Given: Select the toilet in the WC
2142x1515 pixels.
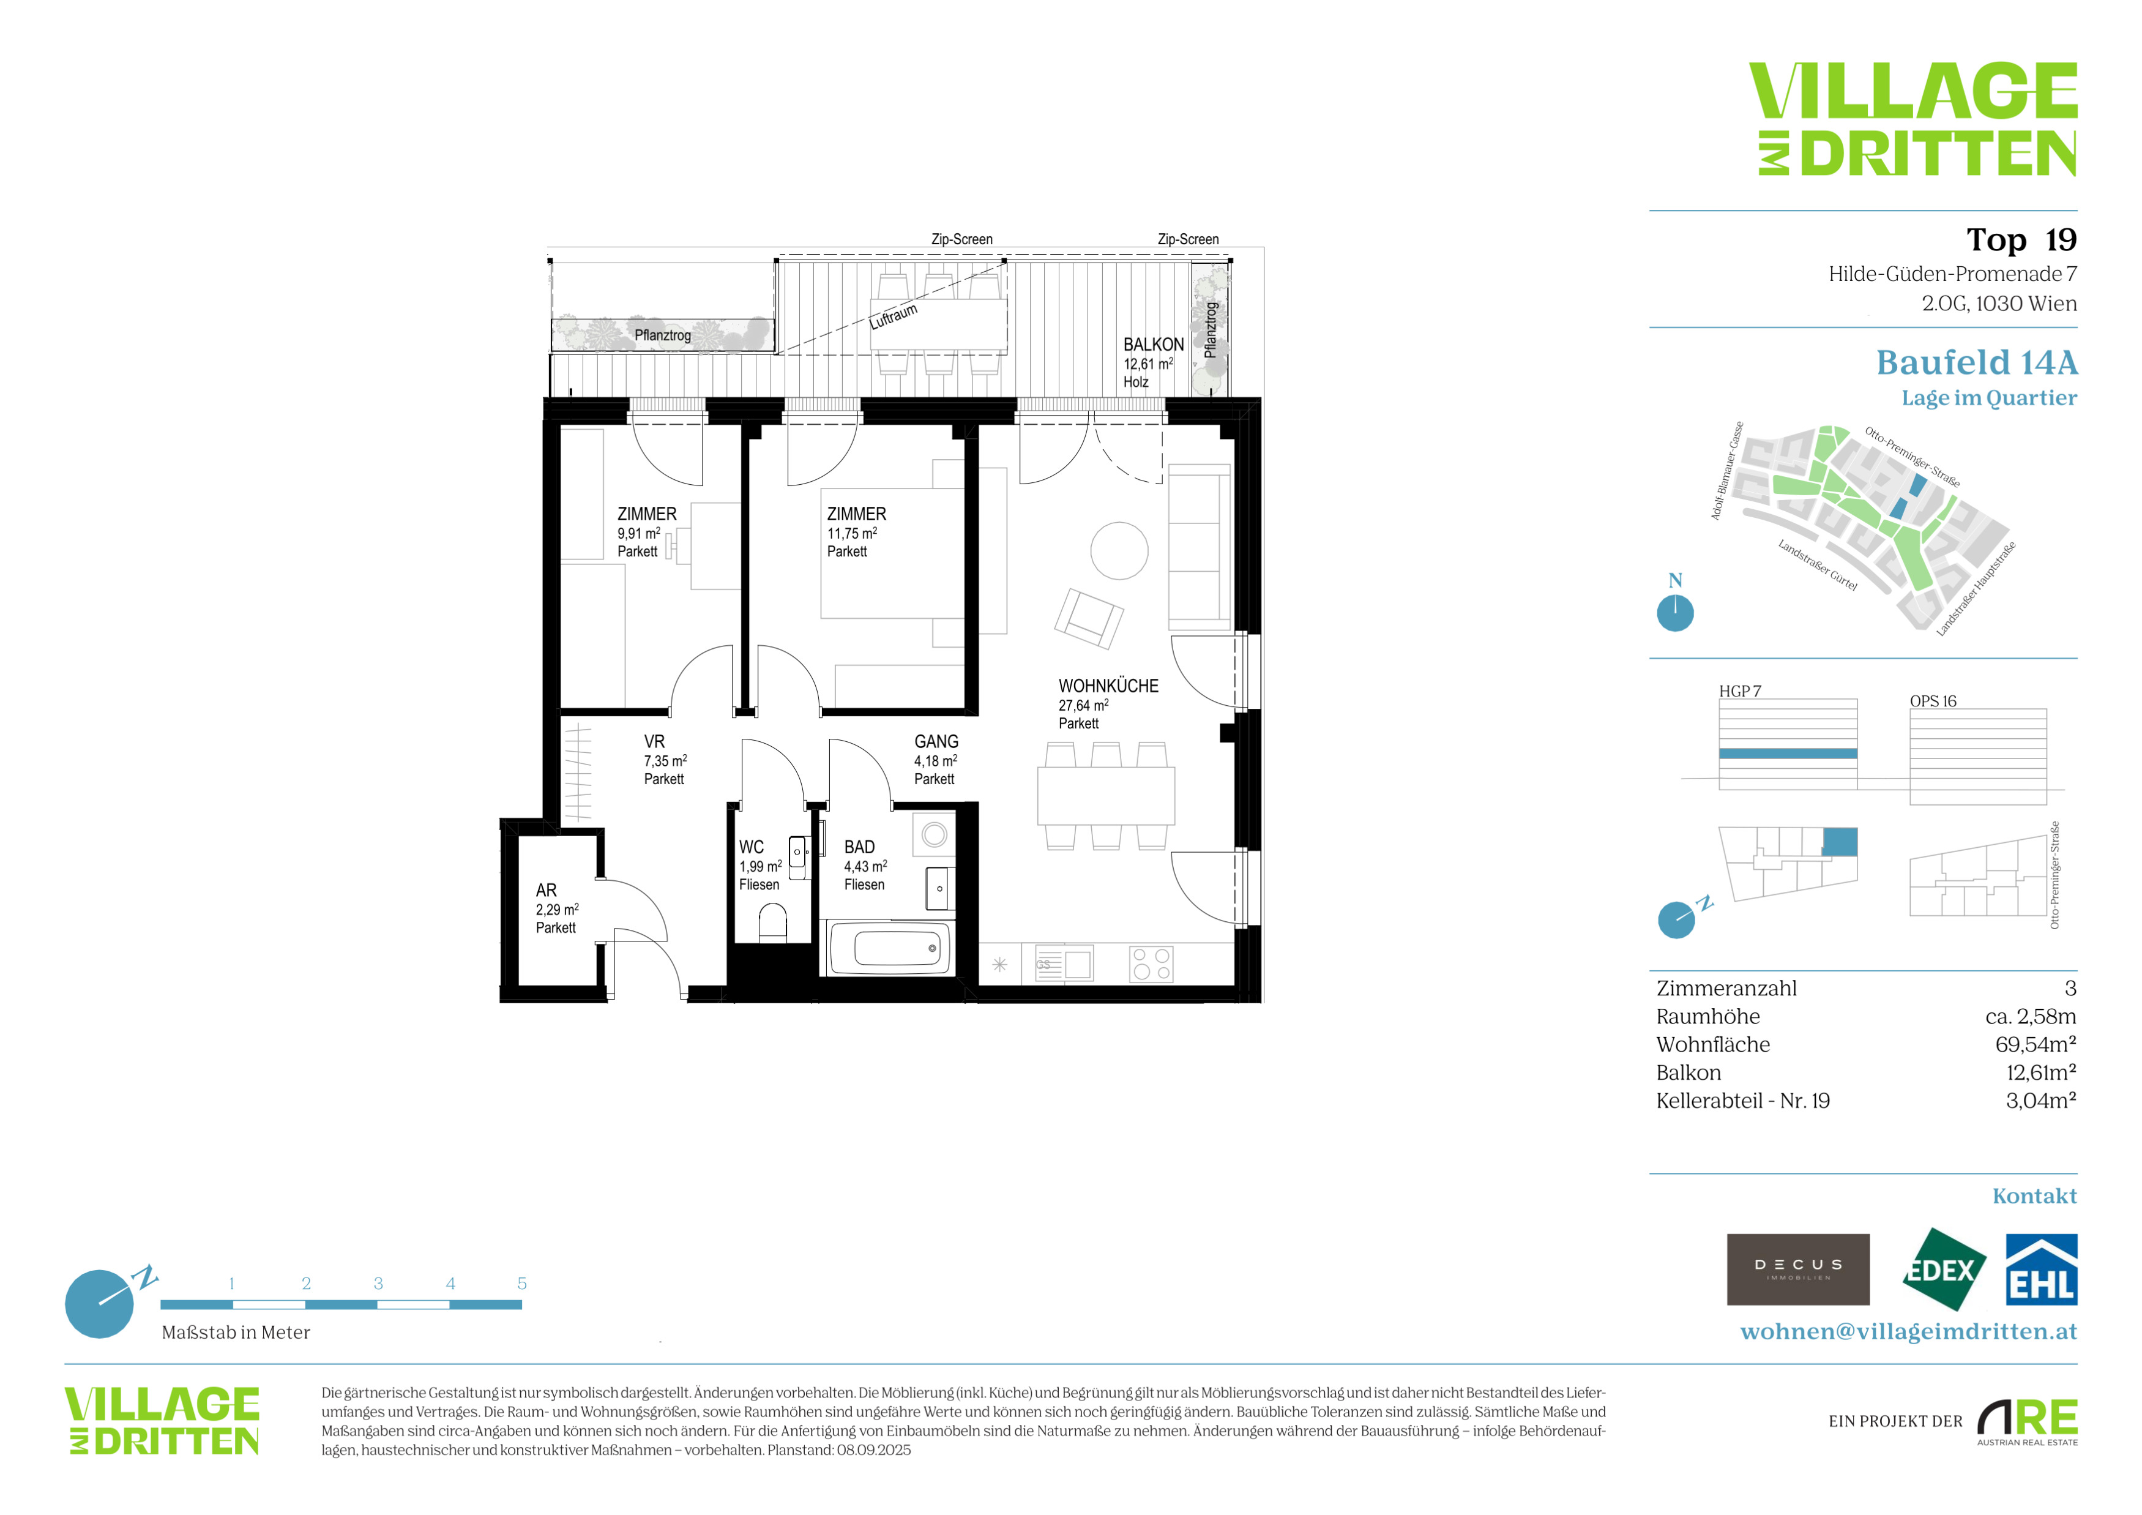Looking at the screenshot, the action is tap(772, 924).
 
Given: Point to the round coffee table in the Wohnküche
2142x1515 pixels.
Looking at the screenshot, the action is tap(1119, 550).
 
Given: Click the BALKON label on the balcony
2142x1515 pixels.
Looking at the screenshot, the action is tap(1153, 344).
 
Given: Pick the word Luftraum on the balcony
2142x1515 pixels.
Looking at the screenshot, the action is tap(894, 316).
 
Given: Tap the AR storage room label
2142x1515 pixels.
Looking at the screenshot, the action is tap(546, 890).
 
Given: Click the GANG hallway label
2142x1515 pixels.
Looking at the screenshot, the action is tap(936, 742).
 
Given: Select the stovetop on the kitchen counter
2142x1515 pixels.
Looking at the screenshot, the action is tap(1151, 963).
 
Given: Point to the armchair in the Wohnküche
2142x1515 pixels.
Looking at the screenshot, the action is tap(1089, 618).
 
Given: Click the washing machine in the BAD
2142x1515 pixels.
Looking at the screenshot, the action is tap(934, 834).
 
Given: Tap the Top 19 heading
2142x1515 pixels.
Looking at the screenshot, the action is tap(2021, 240).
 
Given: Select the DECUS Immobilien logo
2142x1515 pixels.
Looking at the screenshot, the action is tap(1798, 1270).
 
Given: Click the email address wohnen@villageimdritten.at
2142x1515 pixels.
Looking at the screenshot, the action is tap(1909, 1331).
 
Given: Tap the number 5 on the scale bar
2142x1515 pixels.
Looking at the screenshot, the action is tap(521, 1284).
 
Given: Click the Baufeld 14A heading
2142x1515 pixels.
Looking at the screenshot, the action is tap(1977, 362).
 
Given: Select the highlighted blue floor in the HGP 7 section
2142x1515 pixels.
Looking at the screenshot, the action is tap(1788, 754).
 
